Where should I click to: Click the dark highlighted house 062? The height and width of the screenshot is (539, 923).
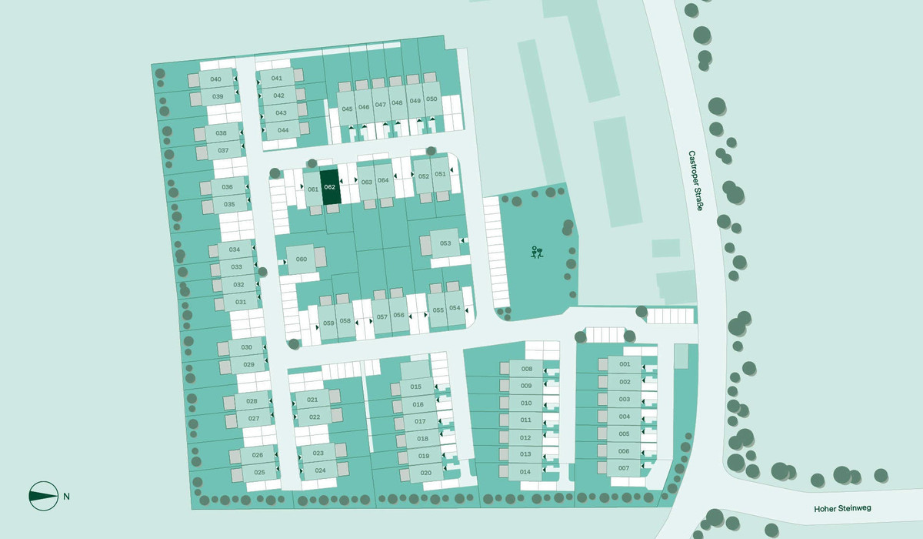click(x=330, y=187)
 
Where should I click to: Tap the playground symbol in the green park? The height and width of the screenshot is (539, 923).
click(x=537, y=252)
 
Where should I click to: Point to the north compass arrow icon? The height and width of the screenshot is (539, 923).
click(x=43, y=496)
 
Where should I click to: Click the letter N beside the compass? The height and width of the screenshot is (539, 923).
click(x=67, y=496)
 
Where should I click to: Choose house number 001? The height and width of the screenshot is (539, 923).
click(x=625, y=363)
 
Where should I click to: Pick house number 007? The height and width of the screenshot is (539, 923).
click(x=624, y=468)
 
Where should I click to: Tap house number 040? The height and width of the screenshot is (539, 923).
click(x=215, y=79)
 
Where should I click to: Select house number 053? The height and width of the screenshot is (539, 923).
click(x=445, y=243)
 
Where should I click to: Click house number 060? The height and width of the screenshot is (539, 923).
click(x=302, y=259)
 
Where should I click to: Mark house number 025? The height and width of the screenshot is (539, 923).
click(x=259, y=472)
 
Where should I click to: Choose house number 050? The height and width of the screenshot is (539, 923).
click(x=432, y=99)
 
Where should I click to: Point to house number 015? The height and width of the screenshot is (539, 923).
click(x=417, y=387)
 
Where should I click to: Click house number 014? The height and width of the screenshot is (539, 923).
click(x=526, y=472)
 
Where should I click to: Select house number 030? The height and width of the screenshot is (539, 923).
click(x=246, y=347)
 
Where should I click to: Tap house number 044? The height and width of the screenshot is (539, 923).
click(x=283, y=130)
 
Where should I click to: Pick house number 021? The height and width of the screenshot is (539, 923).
click(x=313, y=400)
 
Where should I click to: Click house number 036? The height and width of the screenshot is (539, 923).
click(x=227, y=187)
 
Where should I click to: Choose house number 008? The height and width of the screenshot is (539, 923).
click(x=527, y=369)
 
